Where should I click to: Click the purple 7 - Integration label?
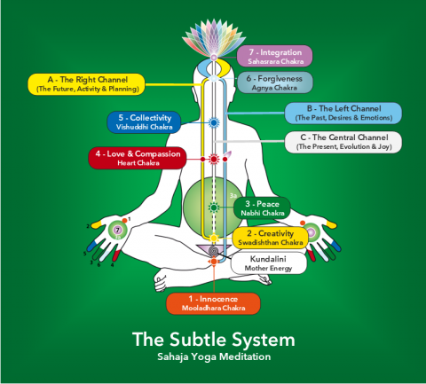point(274,56)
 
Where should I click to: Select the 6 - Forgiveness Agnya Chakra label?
point(274,82)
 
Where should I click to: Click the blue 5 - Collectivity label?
point(145,122)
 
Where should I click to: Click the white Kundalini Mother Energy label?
point(269,263)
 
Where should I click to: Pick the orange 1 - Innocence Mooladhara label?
point(213,303)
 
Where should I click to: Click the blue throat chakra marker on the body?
point(213,123)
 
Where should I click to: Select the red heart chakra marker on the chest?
point(213,160)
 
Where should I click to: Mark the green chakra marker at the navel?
point(213,207)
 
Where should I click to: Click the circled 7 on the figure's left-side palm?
point(115,231)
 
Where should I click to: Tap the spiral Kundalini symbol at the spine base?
point(213,251)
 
